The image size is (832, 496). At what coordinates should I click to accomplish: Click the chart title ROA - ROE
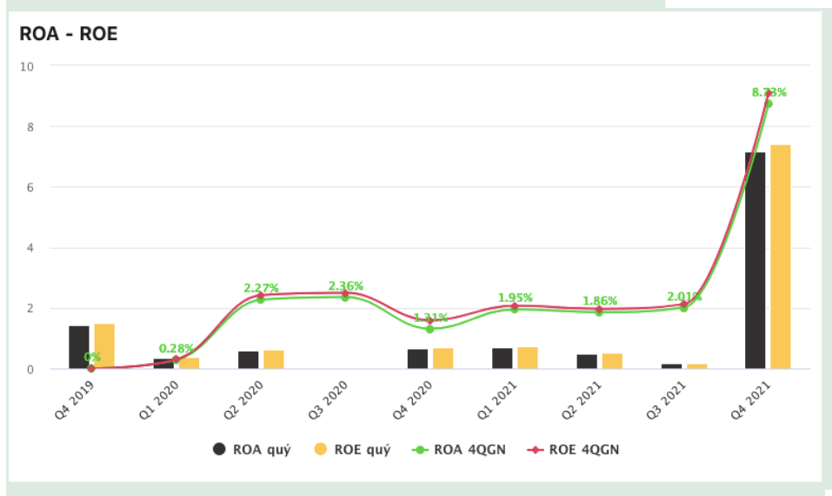[x=68, y=34]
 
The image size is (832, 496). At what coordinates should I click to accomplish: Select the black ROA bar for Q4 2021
[x=755, y=260]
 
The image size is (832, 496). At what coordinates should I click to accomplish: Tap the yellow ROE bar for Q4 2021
[x=780, y=257]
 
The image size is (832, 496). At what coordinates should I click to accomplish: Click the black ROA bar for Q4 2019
[x=79, y=347]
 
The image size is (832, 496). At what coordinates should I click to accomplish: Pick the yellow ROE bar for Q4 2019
[x=104, y=346]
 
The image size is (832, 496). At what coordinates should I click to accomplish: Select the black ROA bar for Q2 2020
[x=248, y=360]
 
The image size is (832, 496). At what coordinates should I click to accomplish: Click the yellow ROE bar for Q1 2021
[x=528, y=358]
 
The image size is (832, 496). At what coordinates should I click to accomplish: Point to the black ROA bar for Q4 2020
[x=417, y=359]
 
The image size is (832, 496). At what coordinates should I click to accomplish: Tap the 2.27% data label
[x=261, y=288]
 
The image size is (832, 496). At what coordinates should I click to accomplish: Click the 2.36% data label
[x=345, y=286]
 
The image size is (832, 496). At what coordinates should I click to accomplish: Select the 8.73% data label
[x=769, y=92]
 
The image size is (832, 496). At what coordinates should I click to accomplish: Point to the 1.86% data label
[x=600, y=298]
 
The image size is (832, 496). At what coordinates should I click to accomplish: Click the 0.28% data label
[x=176, y=349]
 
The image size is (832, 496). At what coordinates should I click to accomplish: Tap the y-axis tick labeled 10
[x=28, y=66]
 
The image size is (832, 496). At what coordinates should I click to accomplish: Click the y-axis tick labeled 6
[x=30, y=187]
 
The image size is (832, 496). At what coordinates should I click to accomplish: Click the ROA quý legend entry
[x=252, y=449]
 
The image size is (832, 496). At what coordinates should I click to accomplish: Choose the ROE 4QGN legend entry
[x=574, y=449]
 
